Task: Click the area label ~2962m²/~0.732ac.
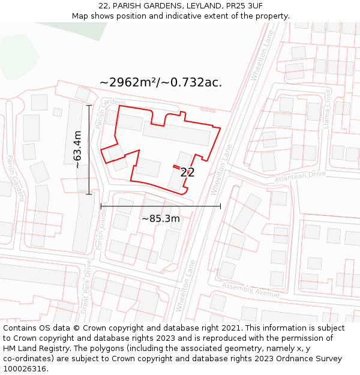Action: click(x=161, y=82)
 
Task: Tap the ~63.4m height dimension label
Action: click(x=77, y=149)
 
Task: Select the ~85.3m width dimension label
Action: click(x=161, y=218)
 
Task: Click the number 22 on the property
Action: click(x=187, y=172)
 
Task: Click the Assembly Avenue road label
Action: click(x=250, y=290)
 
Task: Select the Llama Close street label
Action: click(x=327, y=108)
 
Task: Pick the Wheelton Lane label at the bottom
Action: click(x=185, y=286)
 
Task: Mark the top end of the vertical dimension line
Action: click(x=89, y=106)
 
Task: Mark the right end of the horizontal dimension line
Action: click(x=220, y=206)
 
